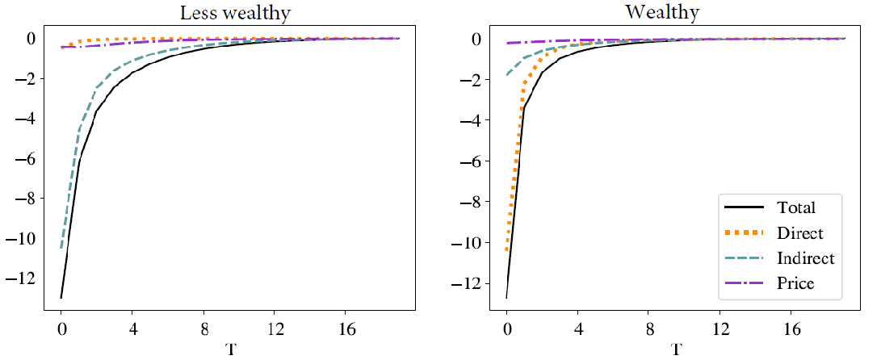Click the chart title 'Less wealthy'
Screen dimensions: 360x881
click(x=229, y=13)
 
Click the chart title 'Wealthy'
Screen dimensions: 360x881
click(x=675, y=13)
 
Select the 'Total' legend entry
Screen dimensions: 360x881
click(x=796, y=207)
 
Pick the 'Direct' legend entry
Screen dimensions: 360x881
click(x=799, y=233)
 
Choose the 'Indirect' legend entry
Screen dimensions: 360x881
click(x=804, y=258)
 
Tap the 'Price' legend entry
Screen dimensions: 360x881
click(x=795, y=283)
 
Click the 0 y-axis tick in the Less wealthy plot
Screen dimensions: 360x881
click(x=31, y=38)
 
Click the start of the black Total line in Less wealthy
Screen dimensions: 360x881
click(x=61, y=298)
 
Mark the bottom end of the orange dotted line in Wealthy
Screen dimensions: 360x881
click(x=507, y=249)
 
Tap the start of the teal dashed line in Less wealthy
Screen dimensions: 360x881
click(x=61, y=248)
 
